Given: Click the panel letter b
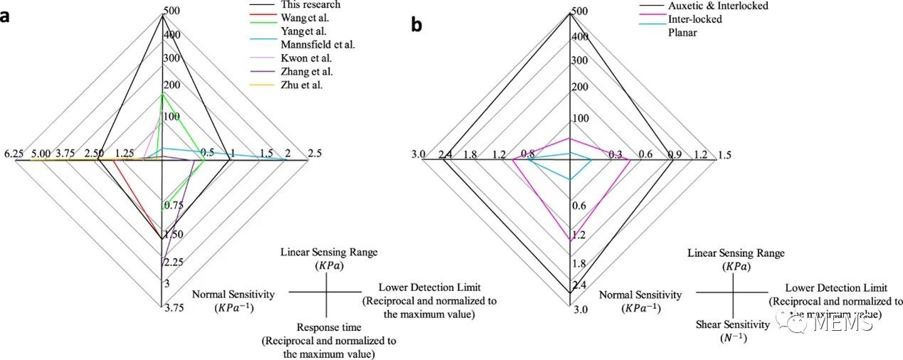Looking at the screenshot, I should pyautogui.click(x=416, y=25).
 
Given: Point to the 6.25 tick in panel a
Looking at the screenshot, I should pyautogui.click(x=14, y=154).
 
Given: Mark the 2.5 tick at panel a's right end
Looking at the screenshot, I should pyautogui.click(x=314, y=154).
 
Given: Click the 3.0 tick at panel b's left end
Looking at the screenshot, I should pyautogui.click(x=418, y=154).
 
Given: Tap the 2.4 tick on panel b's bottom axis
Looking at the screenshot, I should pyautogui.click(x=579, y=285).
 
